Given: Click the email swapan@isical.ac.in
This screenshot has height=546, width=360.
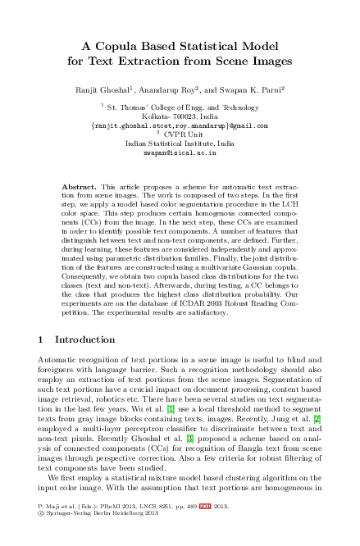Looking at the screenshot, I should [x=180, y=152].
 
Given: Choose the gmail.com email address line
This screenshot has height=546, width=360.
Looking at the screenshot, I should [x=180, y=125].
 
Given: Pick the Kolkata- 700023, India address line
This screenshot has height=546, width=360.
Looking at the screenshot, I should [x=180, y=116].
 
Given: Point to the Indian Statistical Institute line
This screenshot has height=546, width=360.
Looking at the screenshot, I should [x=180, y=143].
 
